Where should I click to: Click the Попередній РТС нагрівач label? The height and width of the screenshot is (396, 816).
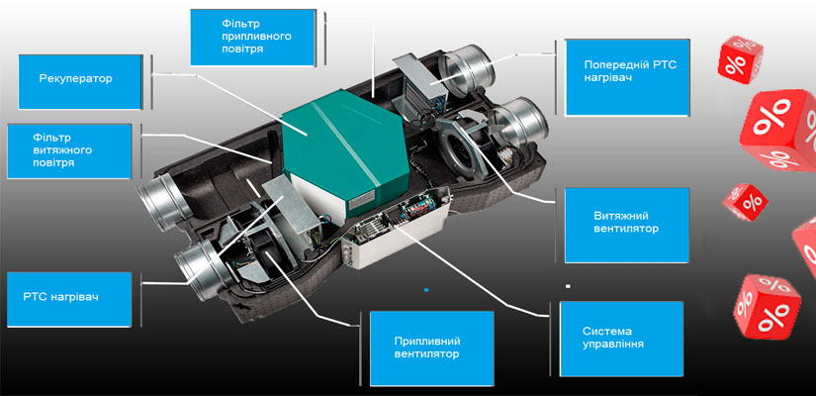(x=625, y=74)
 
